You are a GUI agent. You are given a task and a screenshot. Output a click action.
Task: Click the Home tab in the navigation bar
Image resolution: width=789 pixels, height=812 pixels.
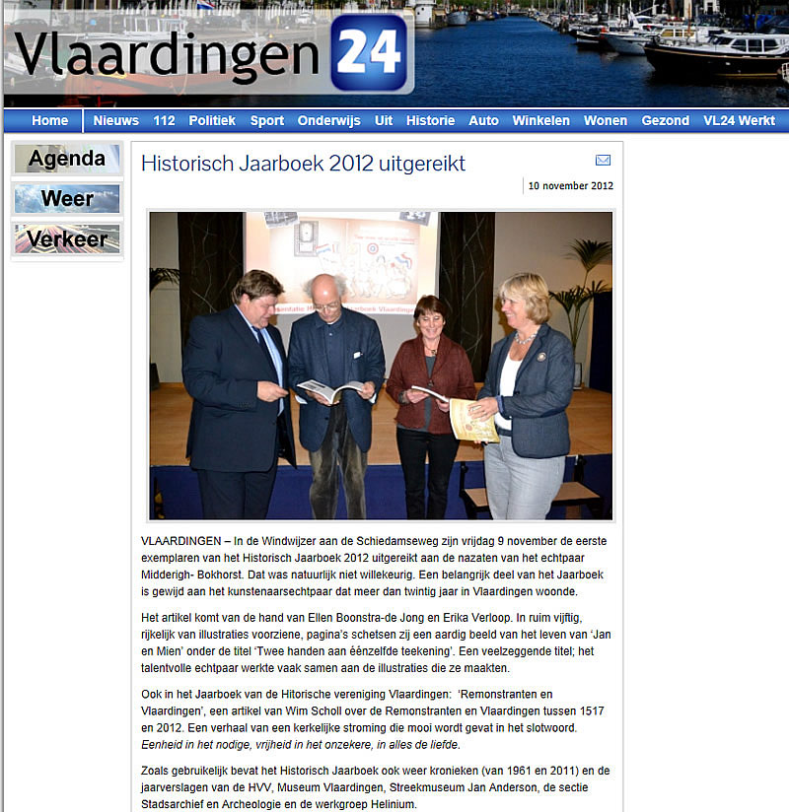point(49,120)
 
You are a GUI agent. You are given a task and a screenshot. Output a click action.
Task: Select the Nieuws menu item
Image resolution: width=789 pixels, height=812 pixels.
point(116,120)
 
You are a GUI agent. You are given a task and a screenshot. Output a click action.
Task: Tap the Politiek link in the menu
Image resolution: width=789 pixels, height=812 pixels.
point(212,120)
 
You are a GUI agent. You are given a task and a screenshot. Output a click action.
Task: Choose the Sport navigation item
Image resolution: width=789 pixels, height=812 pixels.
point(266,120)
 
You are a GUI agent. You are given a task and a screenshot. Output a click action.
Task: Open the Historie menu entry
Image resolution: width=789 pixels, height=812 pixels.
point(430,120)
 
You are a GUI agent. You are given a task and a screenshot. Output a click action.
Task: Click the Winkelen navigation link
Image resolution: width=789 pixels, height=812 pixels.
point(540,120)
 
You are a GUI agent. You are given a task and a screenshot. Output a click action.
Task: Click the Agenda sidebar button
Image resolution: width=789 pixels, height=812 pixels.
point(67,159)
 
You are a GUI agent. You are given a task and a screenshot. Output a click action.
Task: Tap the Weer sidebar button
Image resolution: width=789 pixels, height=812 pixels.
point(67,199)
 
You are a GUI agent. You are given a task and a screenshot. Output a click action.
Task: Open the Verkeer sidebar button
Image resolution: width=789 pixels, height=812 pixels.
point(67,238)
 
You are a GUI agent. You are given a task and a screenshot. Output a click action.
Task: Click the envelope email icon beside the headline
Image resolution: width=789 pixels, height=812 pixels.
point(603,161)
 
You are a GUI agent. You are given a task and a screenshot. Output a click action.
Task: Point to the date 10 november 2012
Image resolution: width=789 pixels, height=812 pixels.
point(570,185)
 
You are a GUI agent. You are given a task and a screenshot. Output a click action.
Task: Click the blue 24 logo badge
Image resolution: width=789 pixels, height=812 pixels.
point(368,51)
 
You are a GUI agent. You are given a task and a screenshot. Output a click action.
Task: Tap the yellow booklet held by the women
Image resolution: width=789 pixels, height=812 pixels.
point(471,419)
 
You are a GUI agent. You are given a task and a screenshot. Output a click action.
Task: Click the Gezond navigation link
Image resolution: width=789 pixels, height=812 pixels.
point(665,120)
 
